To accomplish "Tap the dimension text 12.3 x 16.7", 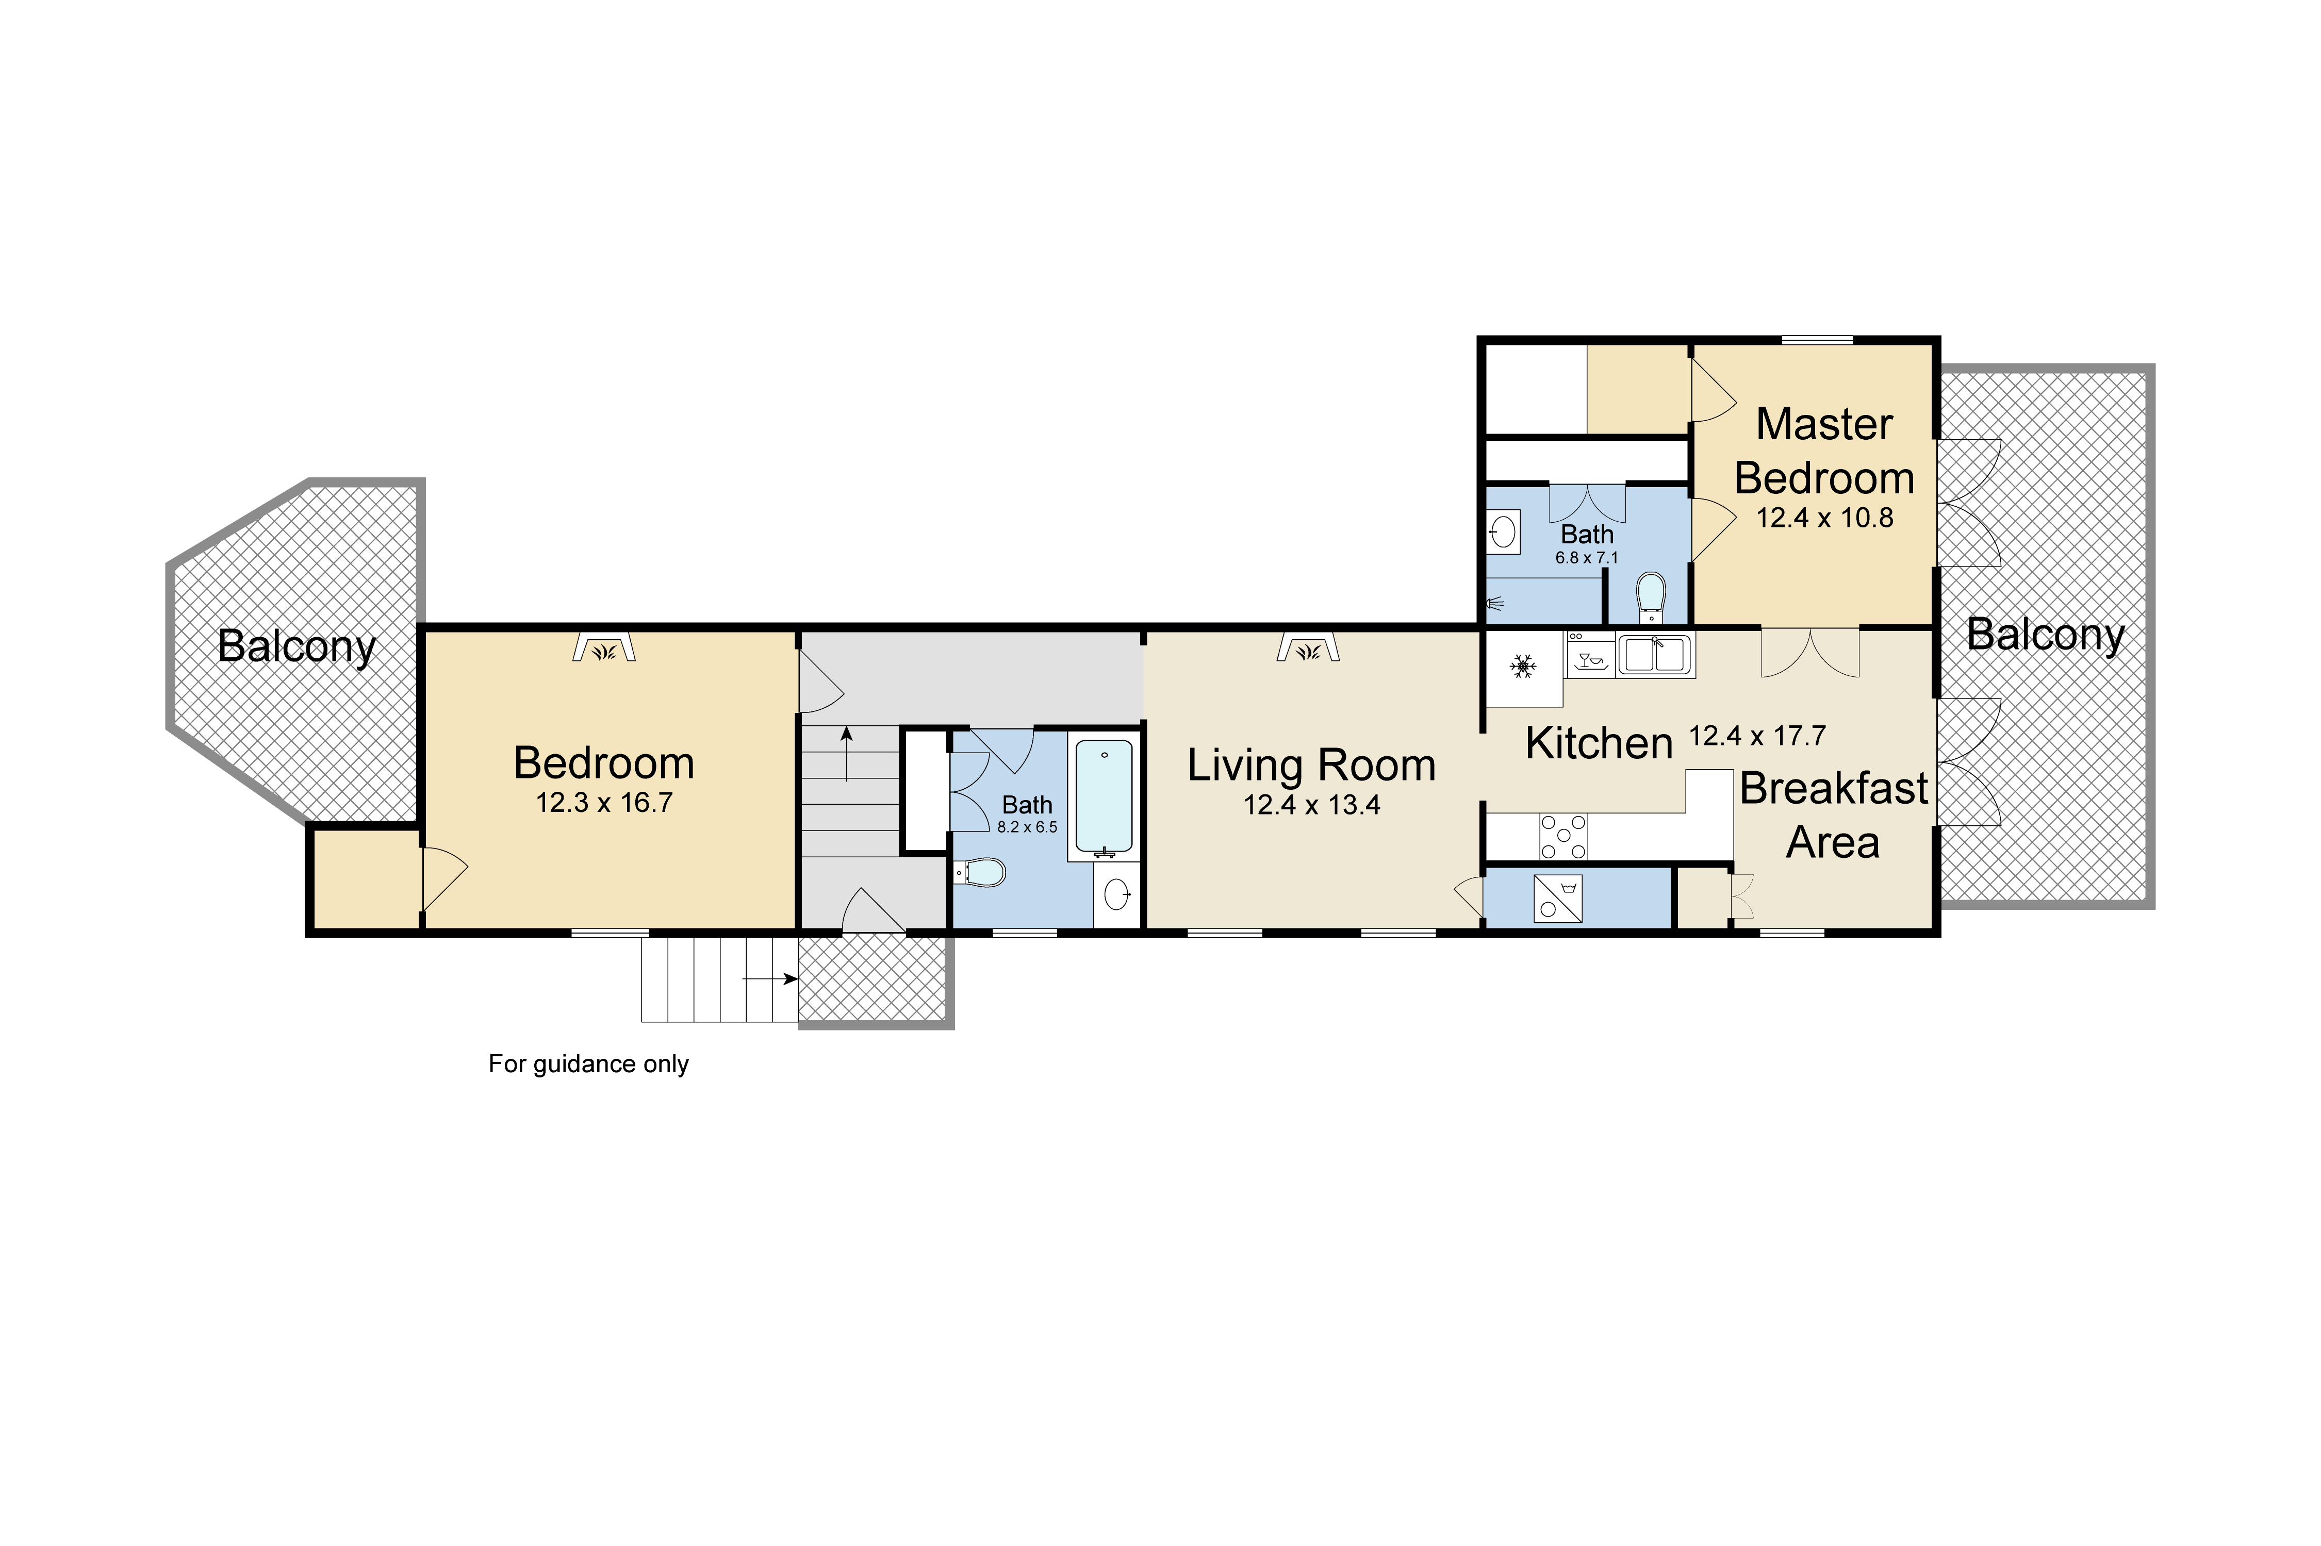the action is [x=603, y=803].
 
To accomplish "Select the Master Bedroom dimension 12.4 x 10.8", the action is [x=1824, y=518].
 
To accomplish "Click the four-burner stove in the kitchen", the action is [x=1563, y=836].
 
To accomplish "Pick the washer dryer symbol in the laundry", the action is [x=1558, y=898].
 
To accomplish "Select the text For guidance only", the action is [x=589, y=1064].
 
